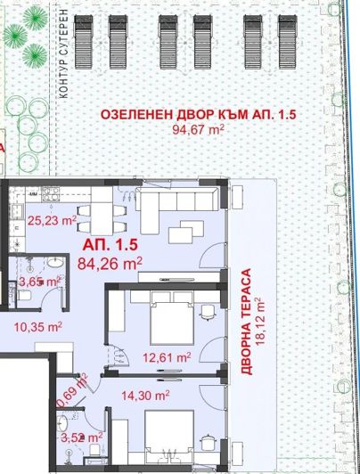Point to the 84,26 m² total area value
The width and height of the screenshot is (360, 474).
click(x=110, y=263)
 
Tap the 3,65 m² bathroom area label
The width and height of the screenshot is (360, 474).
click(x=39, y=282)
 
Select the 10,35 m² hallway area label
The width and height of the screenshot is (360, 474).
click(x=37, y=327)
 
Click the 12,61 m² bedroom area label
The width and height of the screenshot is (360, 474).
click(x=168, y=356)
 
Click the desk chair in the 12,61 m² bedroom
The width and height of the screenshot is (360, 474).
click(x=207, y=314)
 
